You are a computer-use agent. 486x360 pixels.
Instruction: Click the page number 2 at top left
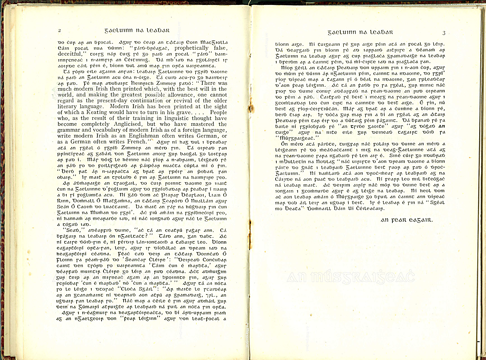tap(60, 30)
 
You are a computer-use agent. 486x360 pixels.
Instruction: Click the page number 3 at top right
tap(444, 33)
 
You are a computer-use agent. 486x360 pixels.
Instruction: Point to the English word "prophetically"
tap(191, 48)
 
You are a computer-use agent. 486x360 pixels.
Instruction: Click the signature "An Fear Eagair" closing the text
tap(406, 220)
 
